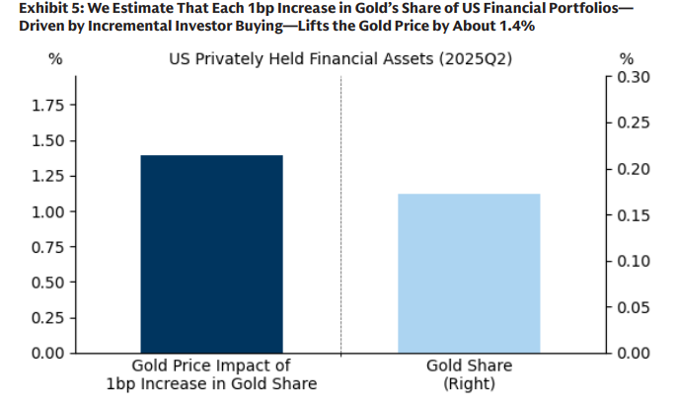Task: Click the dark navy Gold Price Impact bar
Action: coord(211,254)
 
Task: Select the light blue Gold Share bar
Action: coord(469,273)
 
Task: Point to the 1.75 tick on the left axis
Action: coord(49,105)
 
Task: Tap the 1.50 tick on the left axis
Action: coord(49,140)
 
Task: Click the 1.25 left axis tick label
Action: coord(49,176)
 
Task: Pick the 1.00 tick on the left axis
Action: coord(49,211)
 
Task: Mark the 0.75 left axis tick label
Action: coord(49,247)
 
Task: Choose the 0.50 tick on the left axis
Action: coord(49,283)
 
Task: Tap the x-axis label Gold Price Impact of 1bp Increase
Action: coord(211,374)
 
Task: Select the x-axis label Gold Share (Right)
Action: coord(469,374)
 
